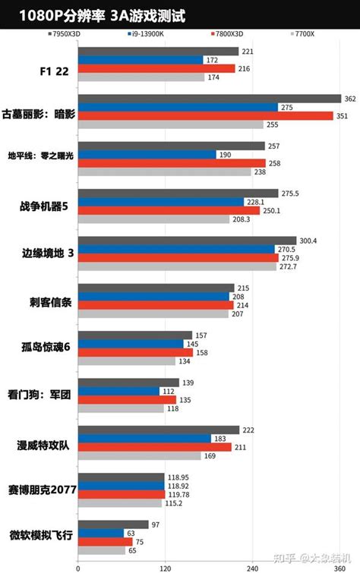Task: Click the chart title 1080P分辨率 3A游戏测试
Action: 102,15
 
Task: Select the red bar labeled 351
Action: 205,115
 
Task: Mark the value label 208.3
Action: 242,219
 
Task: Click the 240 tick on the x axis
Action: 251,566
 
